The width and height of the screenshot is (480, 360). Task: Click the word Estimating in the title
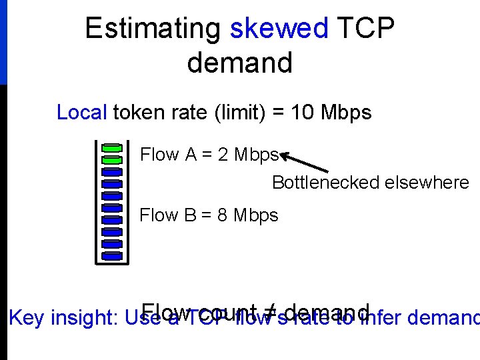tap(153, 29)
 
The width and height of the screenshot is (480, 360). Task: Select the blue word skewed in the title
tap(279, 29)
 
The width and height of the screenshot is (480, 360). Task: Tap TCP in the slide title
tap(366, 29)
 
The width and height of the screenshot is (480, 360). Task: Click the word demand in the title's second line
tap(240, 63)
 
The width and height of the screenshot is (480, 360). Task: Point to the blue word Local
tap(81, 112)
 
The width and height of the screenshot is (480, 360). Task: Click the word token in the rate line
tap(137, 112)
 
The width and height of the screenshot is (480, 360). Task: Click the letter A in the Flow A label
tap(191, 155)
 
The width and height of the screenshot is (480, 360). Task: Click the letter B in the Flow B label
tap(190, 215)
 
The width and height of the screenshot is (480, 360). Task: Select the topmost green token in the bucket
tap(112, 147)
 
